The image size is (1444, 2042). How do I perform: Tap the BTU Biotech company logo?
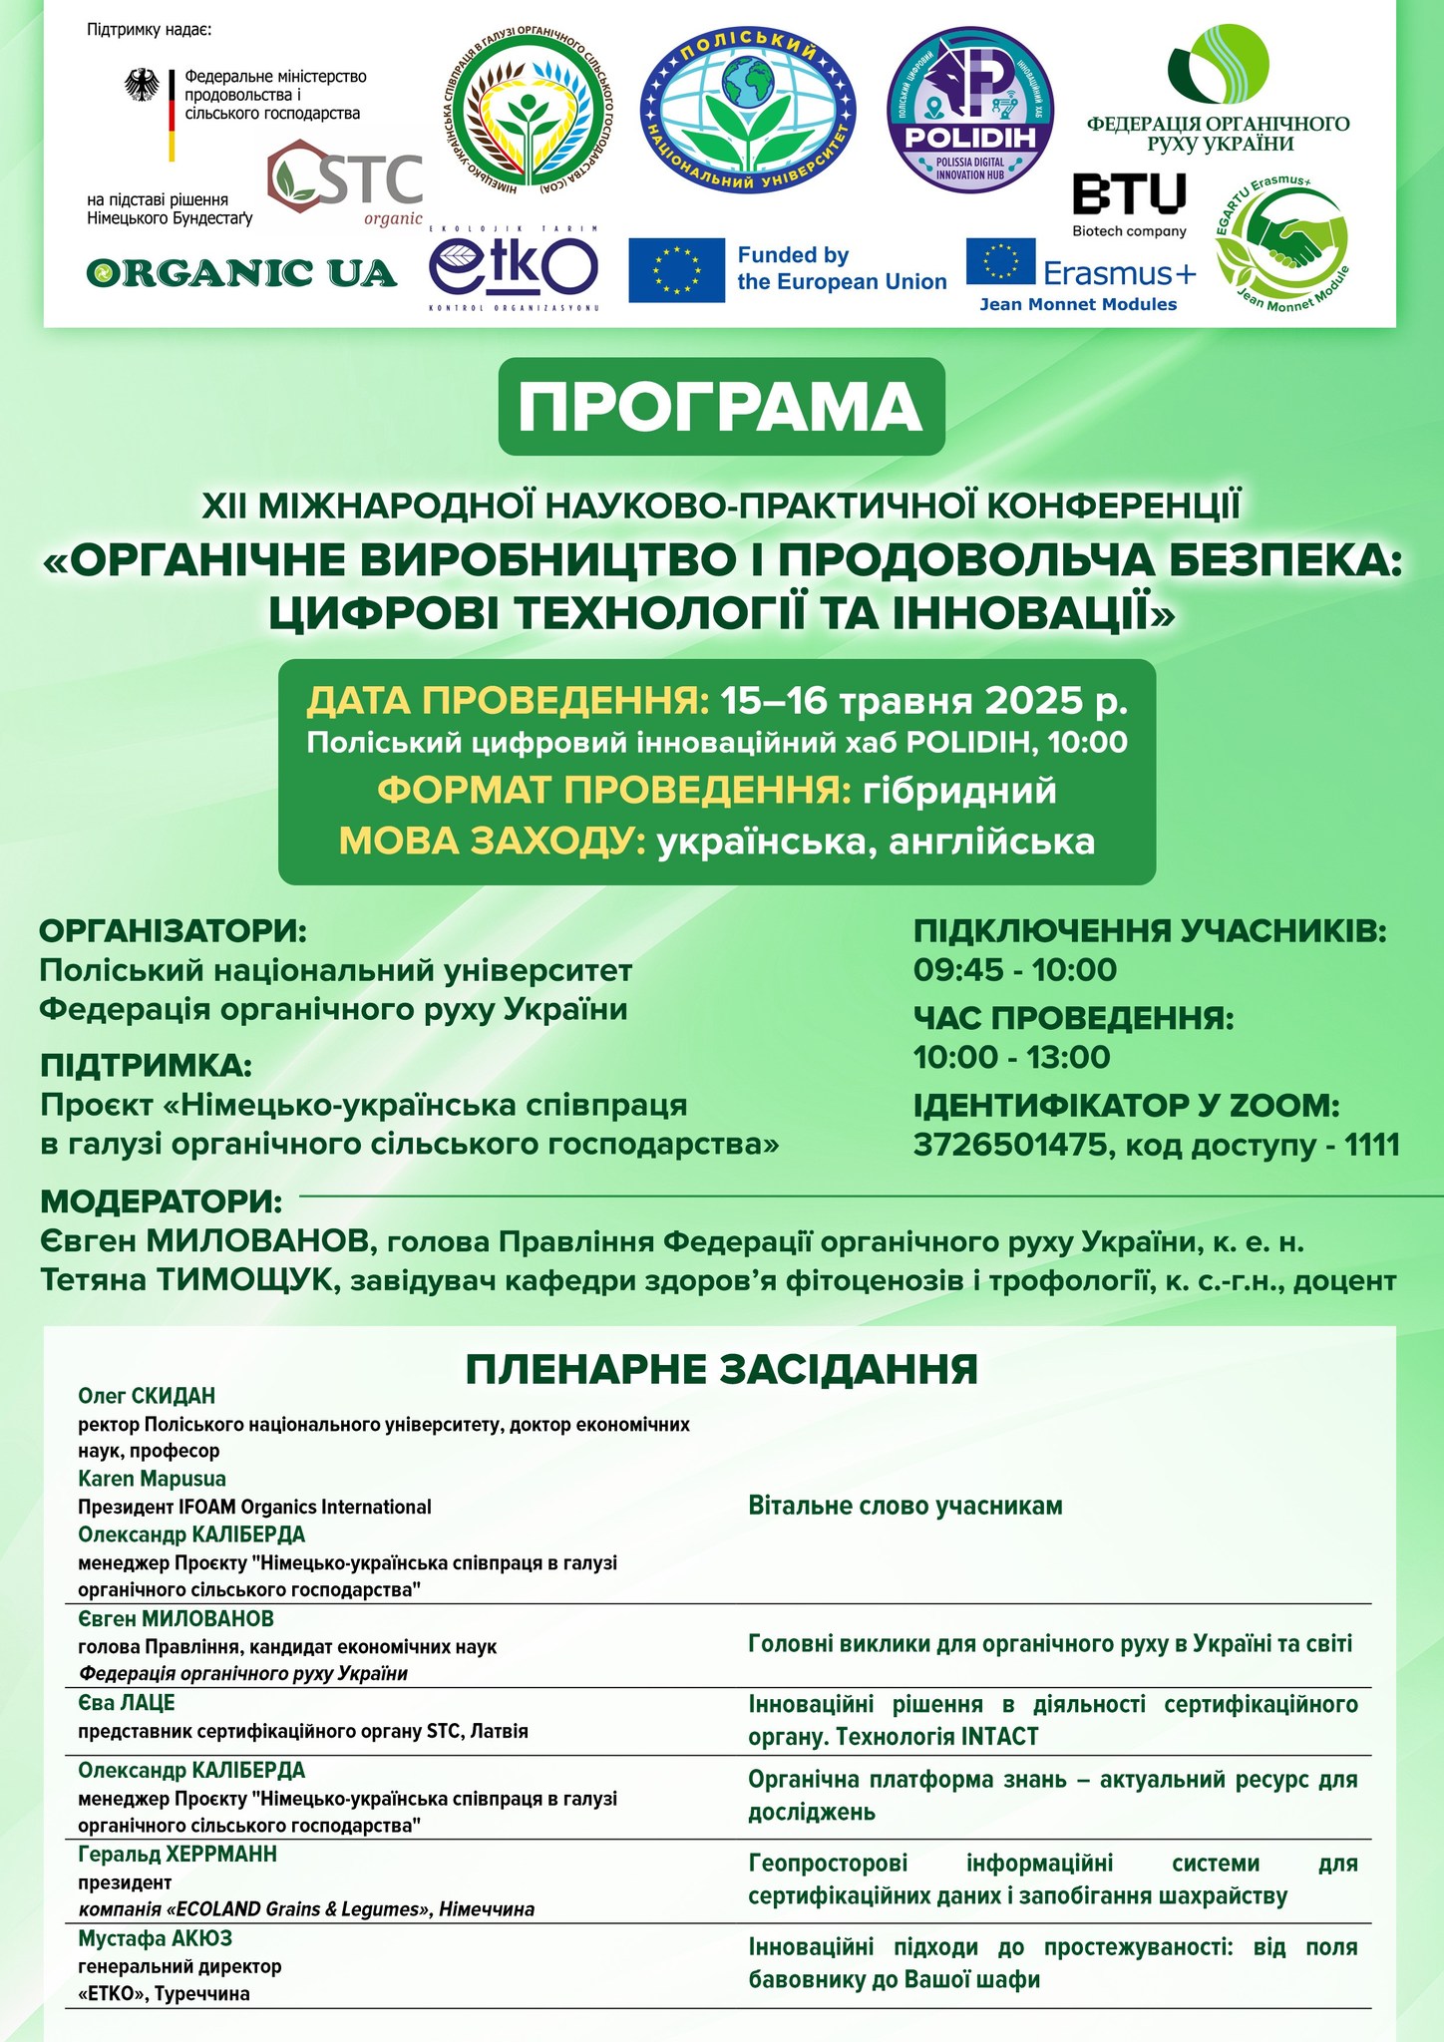[1129, 203]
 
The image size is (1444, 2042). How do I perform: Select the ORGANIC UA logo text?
[241, 272]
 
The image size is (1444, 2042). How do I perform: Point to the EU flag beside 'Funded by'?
[676, 270]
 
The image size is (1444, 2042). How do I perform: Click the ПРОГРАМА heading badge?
[721, 406]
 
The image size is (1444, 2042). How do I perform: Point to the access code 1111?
[1372, 1145]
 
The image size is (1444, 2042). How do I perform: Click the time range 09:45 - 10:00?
[1015, 969]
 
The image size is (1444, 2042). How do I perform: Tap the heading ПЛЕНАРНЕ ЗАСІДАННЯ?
[721, 1369]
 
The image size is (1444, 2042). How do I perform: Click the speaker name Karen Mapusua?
[152, 1479]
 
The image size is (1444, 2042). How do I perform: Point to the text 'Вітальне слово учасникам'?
[905, 1506]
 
